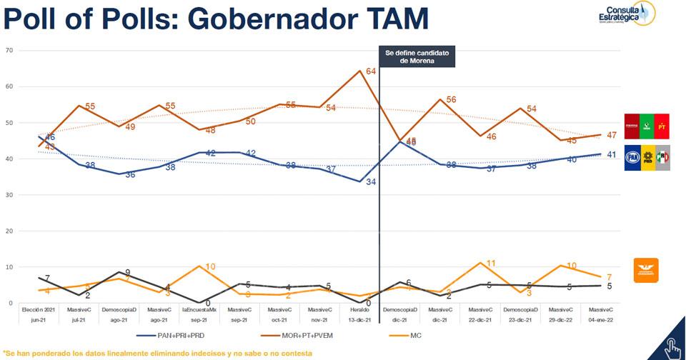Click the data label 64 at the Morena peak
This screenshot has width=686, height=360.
[372, 71]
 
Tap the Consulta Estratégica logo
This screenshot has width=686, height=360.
[626, 14]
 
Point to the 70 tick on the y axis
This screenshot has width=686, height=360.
[9, 50]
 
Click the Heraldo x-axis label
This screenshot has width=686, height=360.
[360, 310]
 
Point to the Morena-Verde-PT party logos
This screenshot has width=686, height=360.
[647, 126]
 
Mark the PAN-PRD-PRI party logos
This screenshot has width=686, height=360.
[647, 157]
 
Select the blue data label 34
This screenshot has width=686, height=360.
[372, 182]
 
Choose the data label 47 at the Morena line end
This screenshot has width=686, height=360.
[612, 135]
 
